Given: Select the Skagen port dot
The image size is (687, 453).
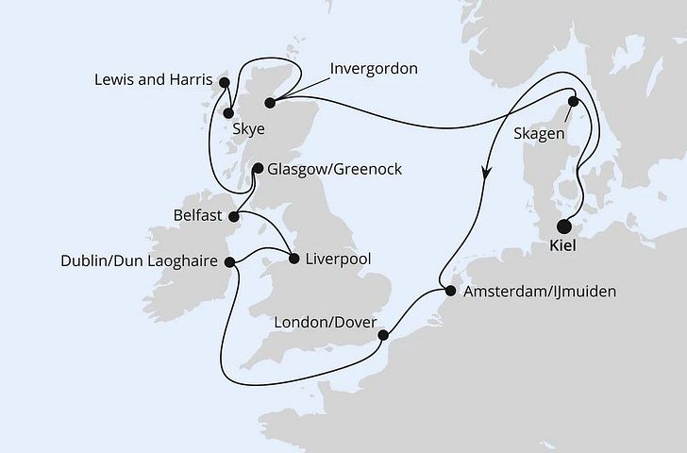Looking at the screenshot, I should [x=572, y=103].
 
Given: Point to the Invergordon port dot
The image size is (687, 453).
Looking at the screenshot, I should [x=270, y=103].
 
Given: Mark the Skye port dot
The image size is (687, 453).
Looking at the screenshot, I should [x=228, y=115].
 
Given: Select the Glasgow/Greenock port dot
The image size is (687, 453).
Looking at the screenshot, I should [x=255, y=170].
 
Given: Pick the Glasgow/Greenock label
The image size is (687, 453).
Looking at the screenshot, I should [x=335, y=170].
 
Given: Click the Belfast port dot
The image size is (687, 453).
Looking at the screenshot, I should [x=233, y=215].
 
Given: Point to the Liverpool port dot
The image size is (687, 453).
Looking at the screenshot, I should [x=293, y=258].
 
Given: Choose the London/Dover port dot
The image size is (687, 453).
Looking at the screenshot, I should [x=383, y=335].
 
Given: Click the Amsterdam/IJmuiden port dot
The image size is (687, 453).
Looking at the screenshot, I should [x=449, y=292].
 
